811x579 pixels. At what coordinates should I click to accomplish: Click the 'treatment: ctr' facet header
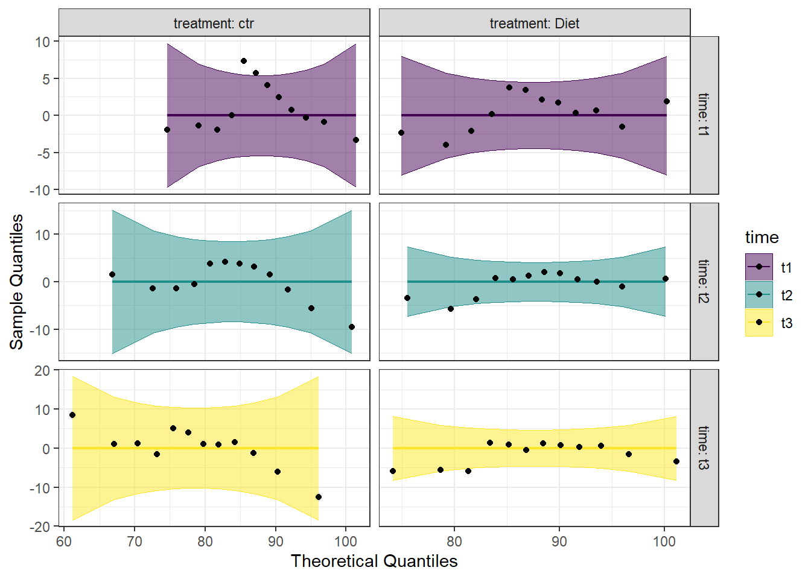pos(214,24)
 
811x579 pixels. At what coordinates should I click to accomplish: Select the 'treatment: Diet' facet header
pos(534,24)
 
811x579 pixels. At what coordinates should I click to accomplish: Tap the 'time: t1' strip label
pos(704,115)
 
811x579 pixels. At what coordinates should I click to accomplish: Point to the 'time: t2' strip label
pos(704,281)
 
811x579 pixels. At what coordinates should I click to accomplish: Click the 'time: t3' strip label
pos(704,448)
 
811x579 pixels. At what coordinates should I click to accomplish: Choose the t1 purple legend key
pos(759,267)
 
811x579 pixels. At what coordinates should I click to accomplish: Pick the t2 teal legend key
pos(759,295)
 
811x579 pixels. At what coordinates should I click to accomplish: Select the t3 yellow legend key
pos(759,323)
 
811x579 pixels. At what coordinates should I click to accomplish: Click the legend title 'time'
pos(762,237)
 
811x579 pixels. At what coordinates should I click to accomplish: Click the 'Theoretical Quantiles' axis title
pos(374,561)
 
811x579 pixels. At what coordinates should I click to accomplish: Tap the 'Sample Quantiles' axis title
pos(16,282)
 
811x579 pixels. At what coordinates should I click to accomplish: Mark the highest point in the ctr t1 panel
pos(244,61)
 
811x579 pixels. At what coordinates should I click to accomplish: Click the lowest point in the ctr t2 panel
pos(352,327)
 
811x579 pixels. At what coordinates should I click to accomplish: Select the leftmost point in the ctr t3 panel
pos(72,415)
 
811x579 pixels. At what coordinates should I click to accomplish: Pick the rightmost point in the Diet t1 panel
pos(667,101)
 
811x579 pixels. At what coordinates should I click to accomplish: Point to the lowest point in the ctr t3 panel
pos(319,497)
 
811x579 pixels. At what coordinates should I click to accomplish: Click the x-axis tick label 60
pos(64,541)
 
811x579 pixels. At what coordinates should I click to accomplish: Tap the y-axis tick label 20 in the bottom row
pos(42,371)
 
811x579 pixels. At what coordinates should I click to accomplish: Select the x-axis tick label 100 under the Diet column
pos(664,541)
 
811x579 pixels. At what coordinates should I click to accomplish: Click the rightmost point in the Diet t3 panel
pos(676,461)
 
